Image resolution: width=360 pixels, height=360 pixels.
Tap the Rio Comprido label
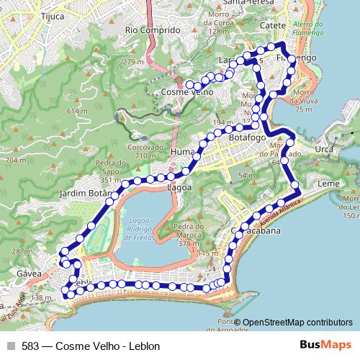click(152, 31)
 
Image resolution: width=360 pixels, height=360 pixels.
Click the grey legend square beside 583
click(11, 346)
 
